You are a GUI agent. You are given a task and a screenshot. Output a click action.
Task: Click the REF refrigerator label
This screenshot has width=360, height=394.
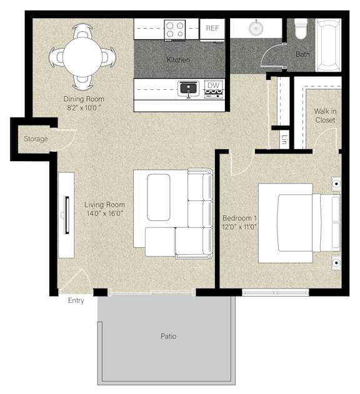point(212,28)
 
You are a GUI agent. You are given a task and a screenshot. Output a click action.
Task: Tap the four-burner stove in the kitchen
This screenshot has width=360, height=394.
point(175,29)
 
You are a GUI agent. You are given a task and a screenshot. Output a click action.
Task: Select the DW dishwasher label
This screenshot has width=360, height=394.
point(213,86)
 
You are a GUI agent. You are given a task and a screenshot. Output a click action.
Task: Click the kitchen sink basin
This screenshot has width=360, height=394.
point(188,88)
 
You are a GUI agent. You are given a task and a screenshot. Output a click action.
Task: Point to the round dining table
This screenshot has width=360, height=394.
point(82,57)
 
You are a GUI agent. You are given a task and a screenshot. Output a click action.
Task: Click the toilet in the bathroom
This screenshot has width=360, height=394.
point(301,29)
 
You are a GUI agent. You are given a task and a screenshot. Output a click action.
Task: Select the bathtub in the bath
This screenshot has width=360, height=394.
point(328,45)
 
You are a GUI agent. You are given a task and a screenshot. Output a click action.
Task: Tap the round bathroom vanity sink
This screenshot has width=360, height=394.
point(256,28)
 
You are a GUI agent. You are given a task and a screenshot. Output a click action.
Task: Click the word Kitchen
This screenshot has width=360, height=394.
point(178,60)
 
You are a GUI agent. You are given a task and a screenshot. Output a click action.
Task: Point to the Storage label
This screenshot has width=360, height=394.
point(36,139)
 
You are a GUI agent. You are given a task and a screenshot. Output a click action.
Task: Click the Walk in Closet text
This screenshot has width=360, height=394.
point(325,116)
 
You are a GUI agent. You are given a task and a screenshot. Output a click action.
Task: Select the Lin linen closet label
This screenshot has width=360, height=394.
point(284,139)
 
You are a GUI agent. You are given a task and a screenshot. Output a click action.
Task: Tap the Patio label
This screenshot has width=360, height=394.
point(168,336)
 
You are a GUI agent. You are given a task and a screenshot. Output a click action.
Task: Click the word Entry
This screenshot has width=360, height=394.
point(76,300)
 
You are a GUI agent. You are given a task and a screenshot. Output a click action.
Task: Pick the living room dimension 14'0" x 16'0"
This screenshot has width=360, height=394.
point(104,214)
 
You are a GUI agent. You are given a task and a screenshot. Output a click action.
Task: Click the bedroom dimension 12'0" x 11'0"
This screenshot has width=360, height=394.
point(239,227)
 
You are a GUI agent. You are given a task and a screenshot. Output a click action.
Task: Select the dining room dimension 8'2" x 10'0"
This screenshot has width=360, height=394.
point(84,108)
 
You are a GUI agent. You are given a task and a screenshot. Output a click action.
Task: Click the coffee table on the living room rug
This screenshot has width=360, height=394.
point(159,197)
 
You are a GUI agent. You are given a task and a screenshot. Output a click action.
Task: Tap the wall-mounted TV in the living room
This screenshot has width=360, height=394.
point(67,215)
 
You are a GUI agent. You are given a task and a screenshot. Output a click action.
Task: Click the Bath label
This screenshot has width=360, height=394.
point(302,54)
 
